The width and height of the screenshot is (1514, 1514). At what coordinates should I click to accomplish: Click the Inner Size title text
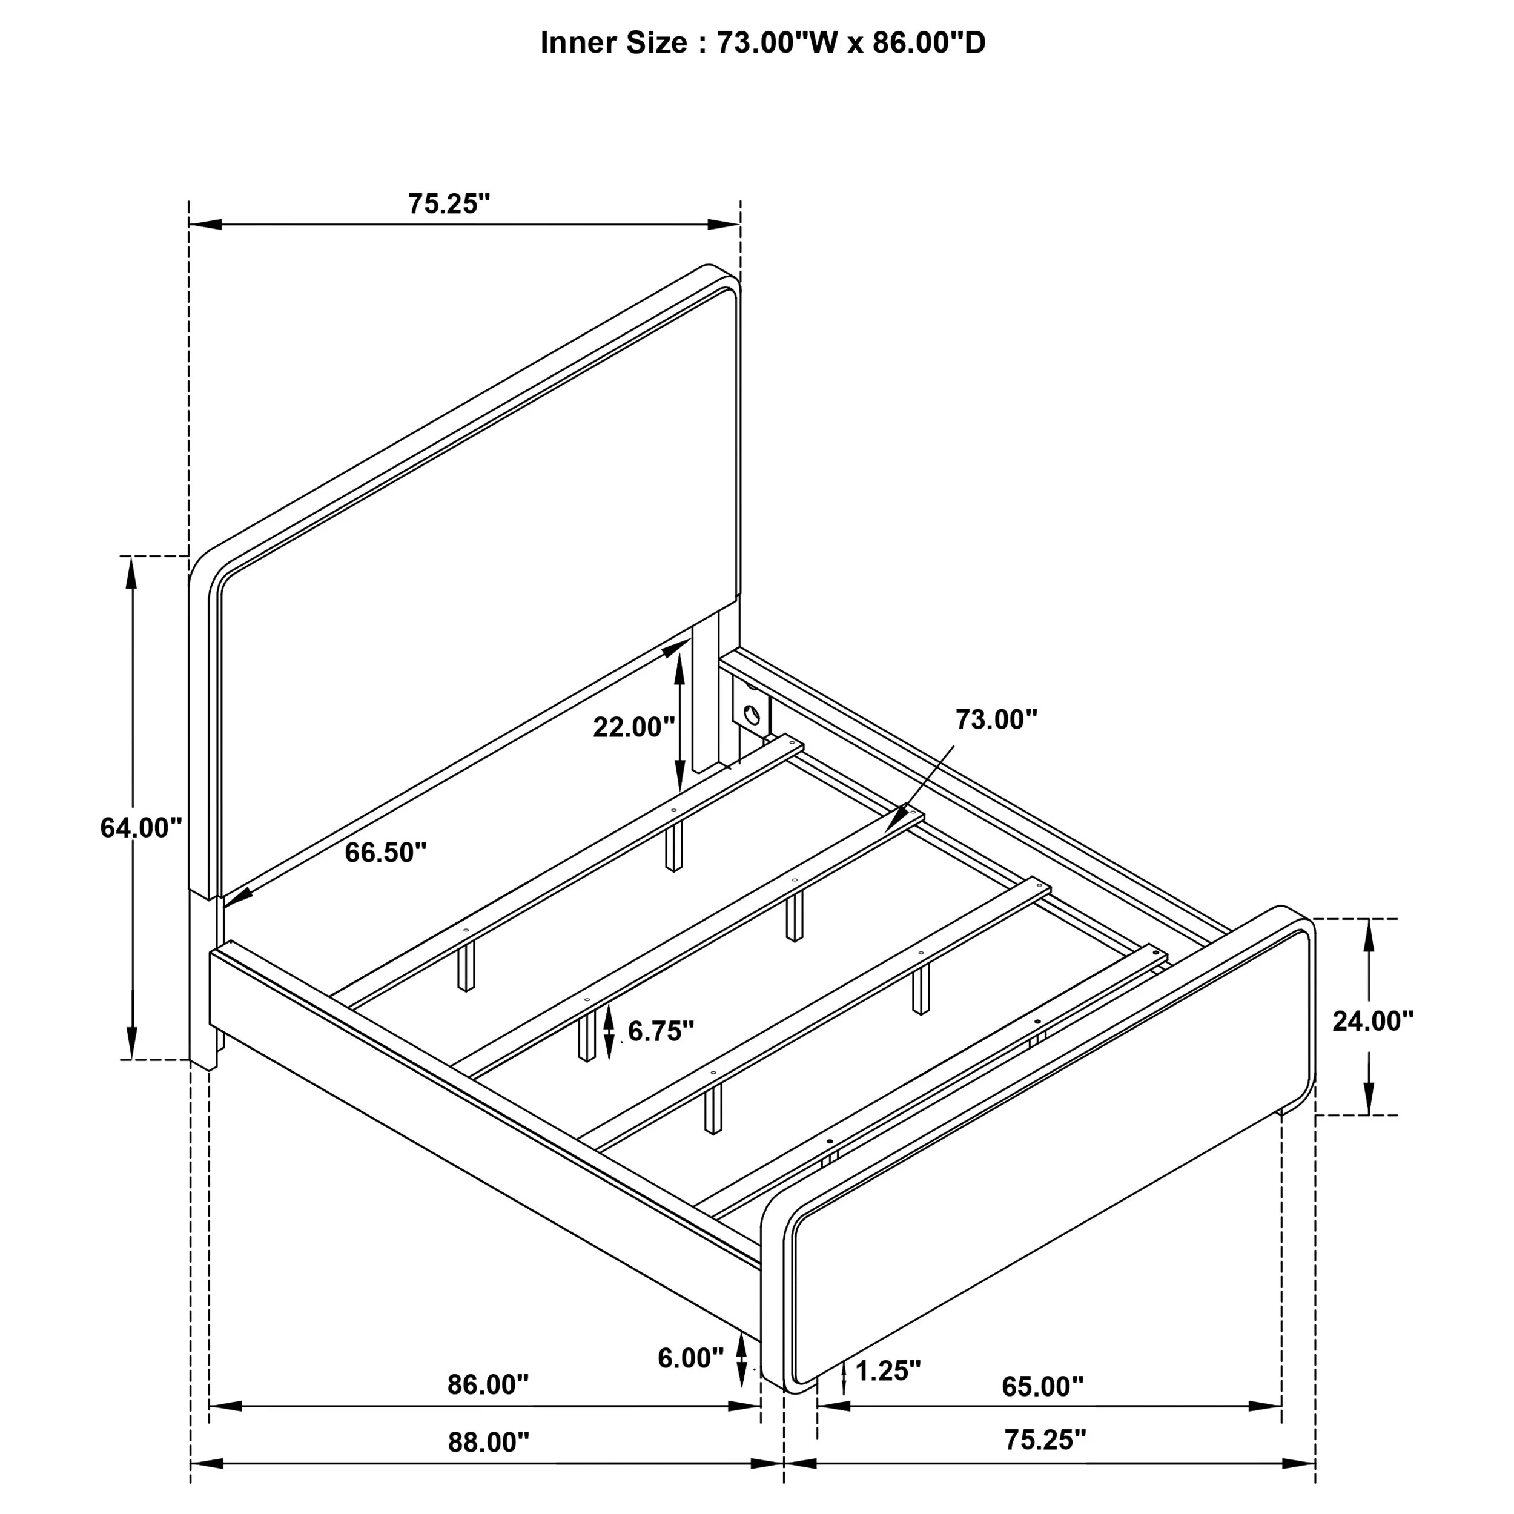coord(762,43)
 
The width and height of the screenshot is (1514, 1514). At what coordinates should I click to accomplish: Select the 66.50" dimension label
coord(386,853)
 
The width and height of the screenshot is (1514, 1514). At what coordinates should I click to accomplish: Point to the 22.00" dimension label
coord(634,727)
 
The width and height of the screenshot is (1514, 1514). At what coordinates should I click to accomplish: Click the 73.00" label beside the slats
coord(996,719)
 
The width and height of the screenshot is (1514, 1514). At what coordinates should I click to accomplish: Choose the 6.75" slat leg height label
coord(661,1031)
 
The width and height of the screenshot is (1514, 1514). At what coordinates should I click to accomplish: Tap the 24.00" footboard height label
coord(1373,1021)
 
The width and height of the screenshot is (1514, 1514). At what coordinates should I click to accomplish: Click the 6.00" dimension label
coord(690,1358)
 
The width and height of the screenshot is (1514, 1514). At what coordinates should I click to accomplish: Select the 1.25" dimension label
coord(888,1370)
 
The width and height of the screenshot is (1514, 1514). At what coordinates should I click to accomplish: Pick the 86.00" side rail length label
coord(488,1384)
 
